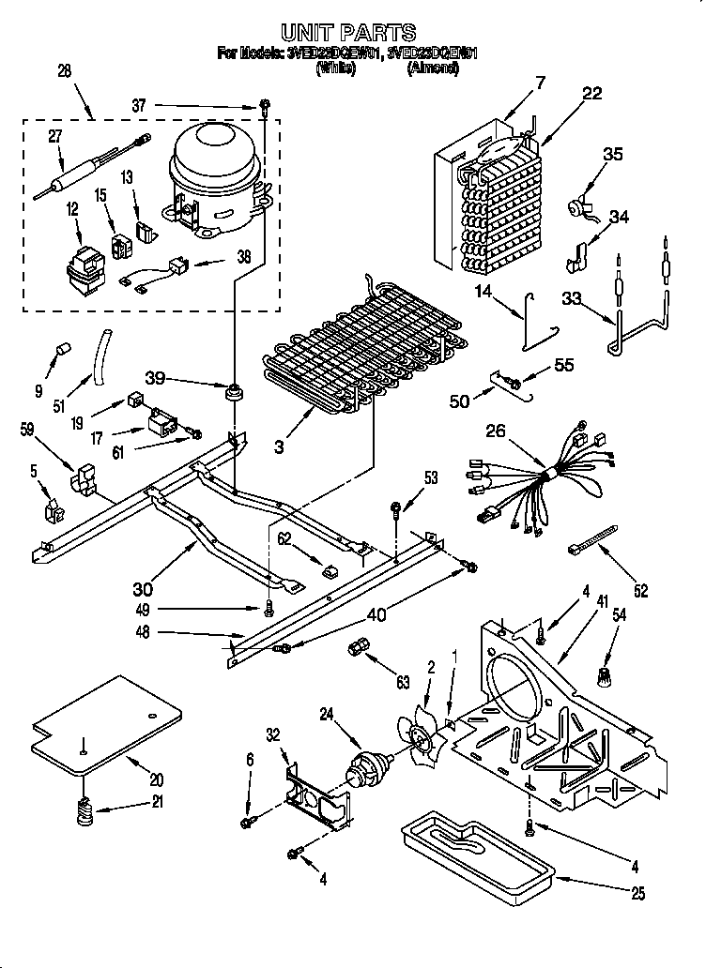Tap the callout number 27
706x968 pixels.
point(55,136)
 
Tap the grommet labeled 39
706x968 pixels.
point(232,389)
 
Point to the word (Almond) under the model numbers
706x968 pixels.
point(433,68)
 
